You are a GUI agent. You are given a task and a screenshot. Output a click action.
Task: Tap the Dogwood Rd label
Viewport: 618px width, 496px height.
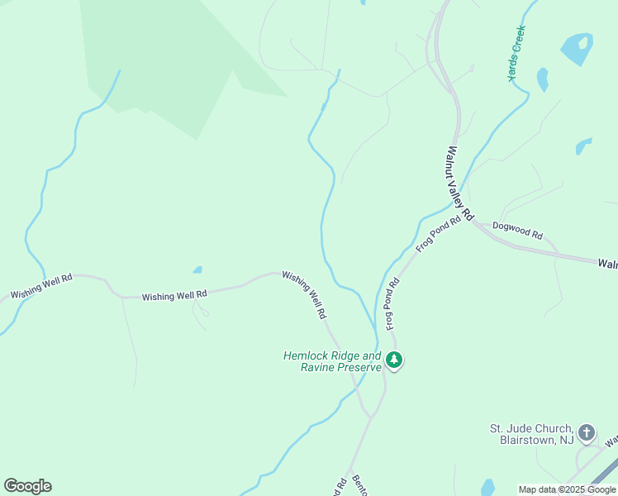pyautogui.click(x=517, y=231)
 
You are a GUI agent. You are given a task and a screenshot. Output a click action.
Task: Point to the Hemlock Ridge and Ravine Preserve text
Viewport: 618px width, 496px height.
pyautogui.click(x=332, y=361)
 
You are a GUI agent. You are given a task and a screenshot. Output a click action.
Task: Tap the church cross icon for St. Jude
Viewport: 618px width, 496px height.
pyautogui.click(x=587, y=432)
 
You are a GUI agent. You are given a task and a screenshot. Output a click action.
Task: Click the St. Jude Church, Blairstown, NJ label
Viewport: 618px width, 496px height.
pyautogui.click(x=531, y=434)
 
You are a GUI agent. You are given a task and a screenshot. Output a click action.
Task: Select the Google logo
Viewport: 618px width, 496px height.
pyautogui.click(x=27, y=486)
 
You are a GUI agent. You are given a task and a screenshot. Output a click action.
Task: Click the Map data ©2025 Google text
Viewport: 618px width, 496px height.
pyautogui.click(x=568, y=490)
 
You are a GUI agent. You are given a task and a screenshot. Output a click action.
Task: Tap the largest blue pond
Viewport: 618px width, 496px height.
pyautogui.click(x=578, y=49)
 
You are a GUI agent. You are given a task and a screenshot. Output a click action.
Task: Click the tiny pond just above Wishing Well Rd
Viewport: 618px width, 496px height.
pyautogui.click(x=197, y=269)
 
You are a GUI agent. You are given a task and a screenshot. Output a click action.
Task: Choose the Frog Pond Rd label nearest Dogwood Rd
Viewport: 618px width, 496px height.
pyautogui.click(x=438, y=235)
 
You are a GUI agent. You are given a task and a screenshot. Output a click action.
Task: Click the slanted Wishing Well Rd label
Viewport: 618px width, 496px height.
pyautogui.click(x=305, y=295)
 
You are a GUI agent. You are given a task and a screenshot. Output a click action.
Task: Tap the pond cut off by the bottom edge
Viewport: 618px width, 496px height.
pyautogui.click(x=487, y=488)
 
